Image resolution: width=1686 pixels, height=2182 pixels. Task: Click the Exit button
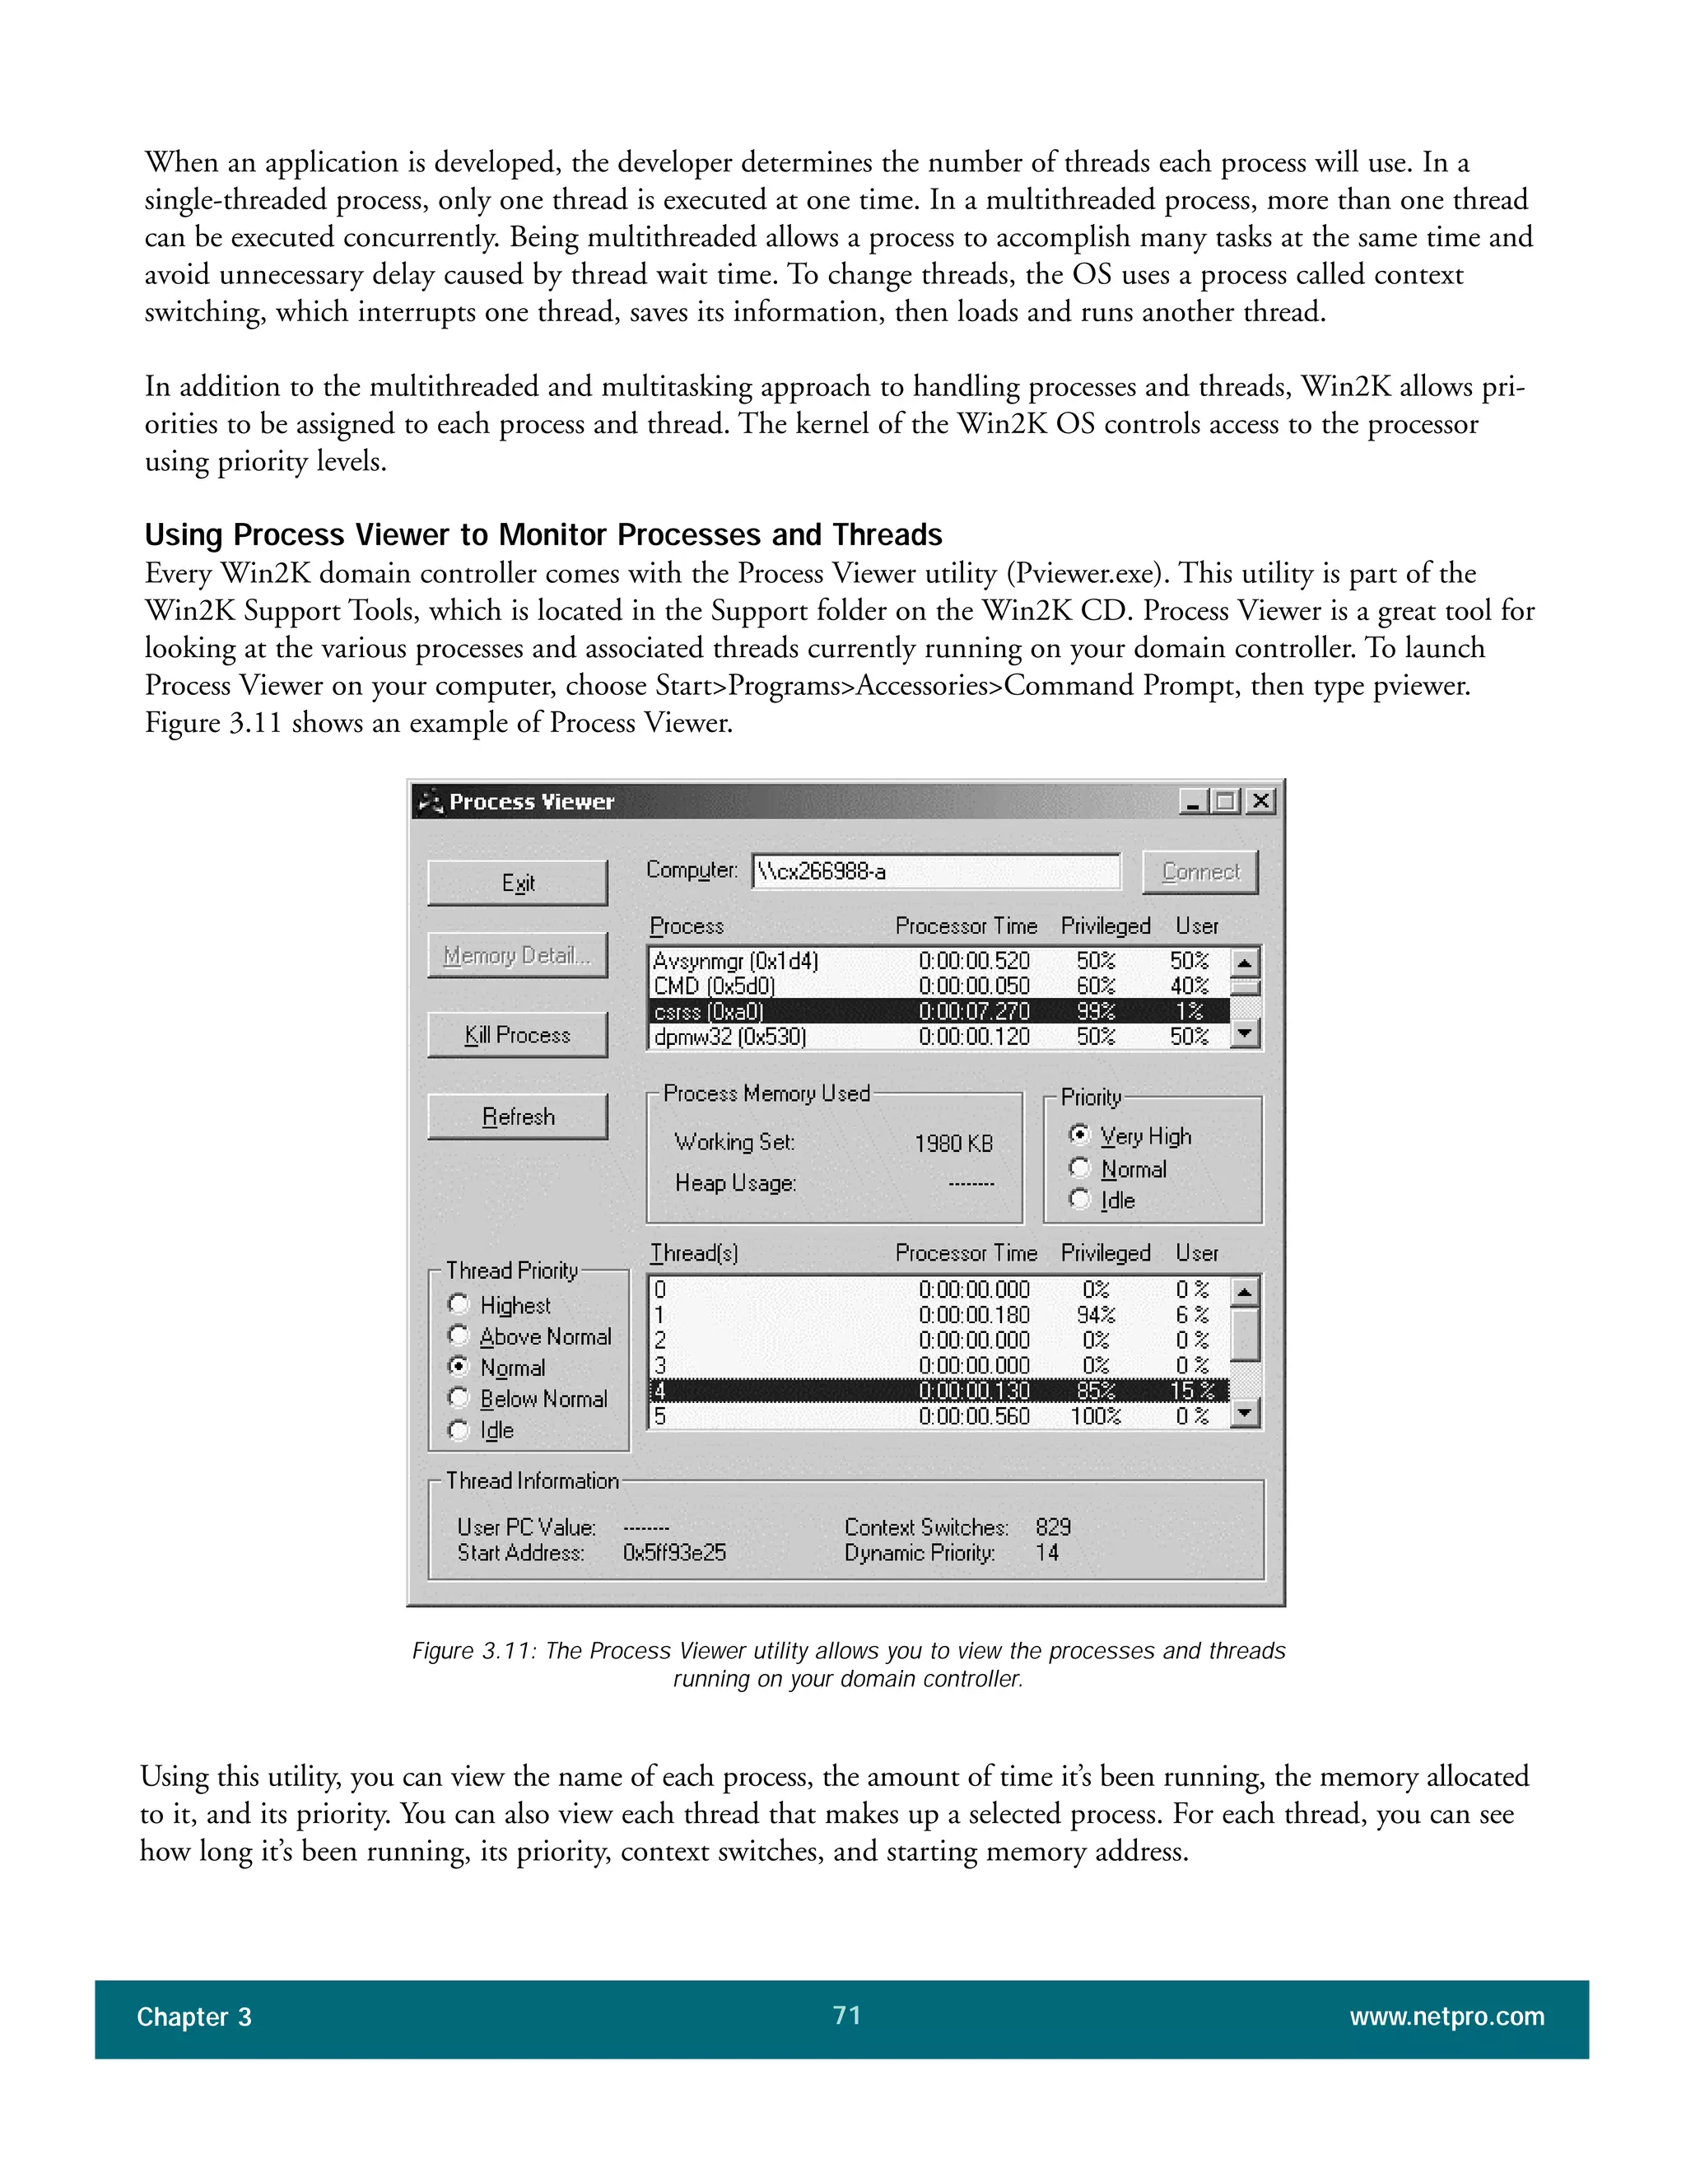pos(517,884)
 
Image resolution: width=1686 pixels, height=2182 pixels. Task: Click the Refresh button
pos(517,1117)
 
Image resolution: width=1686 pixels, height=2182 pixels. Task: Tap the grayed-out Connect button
pos(1199,872)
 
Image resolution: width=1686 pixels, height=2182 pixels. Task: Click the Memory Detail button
pos(517,956)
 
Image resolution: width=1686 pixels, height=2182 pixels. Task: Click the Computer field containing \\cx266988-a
pos(935,872)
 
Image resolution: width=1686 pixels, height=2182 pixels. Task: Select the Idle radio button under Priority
pos(1078,1199)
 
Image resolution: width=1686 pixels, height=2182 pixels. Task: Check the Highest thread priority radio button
pos(459,1303)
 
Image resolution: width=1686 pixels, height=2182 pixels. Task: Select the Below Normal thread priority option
pos(459,1398)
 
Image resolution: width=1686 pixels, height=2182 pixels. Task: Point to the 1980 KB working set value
pos(952,1144)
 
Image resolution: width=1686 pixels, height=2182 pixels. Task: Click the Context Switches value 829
pos(1053,1527)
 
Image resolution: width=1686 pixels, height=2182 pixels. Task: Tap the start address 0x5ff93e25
pos(674,1553)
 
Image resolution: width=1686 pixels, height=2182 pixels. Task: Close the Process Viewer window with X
pos(1261,801)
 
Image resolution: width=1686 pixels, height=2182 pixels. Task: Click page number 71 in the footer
pos(846,2015)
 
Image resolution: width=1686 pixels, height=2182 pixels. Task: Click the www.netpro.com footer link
pos(1446,2017)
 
